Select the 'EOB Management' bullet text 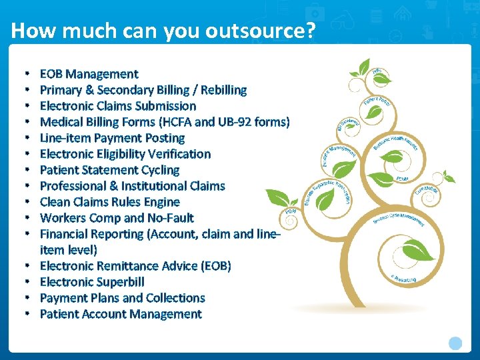89,74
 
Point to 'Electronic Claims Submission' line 118,106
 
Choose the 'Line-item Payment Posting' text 112,138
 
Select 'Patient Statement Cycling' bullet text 109,170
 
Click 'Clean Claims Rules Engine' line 110,202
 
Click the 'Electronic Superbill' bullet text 92,282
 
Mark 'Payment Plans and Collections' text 122,298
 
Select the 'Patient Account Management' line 121,314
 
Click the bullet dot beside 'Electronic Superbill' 25,282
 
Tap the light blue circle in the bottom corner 455,343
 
